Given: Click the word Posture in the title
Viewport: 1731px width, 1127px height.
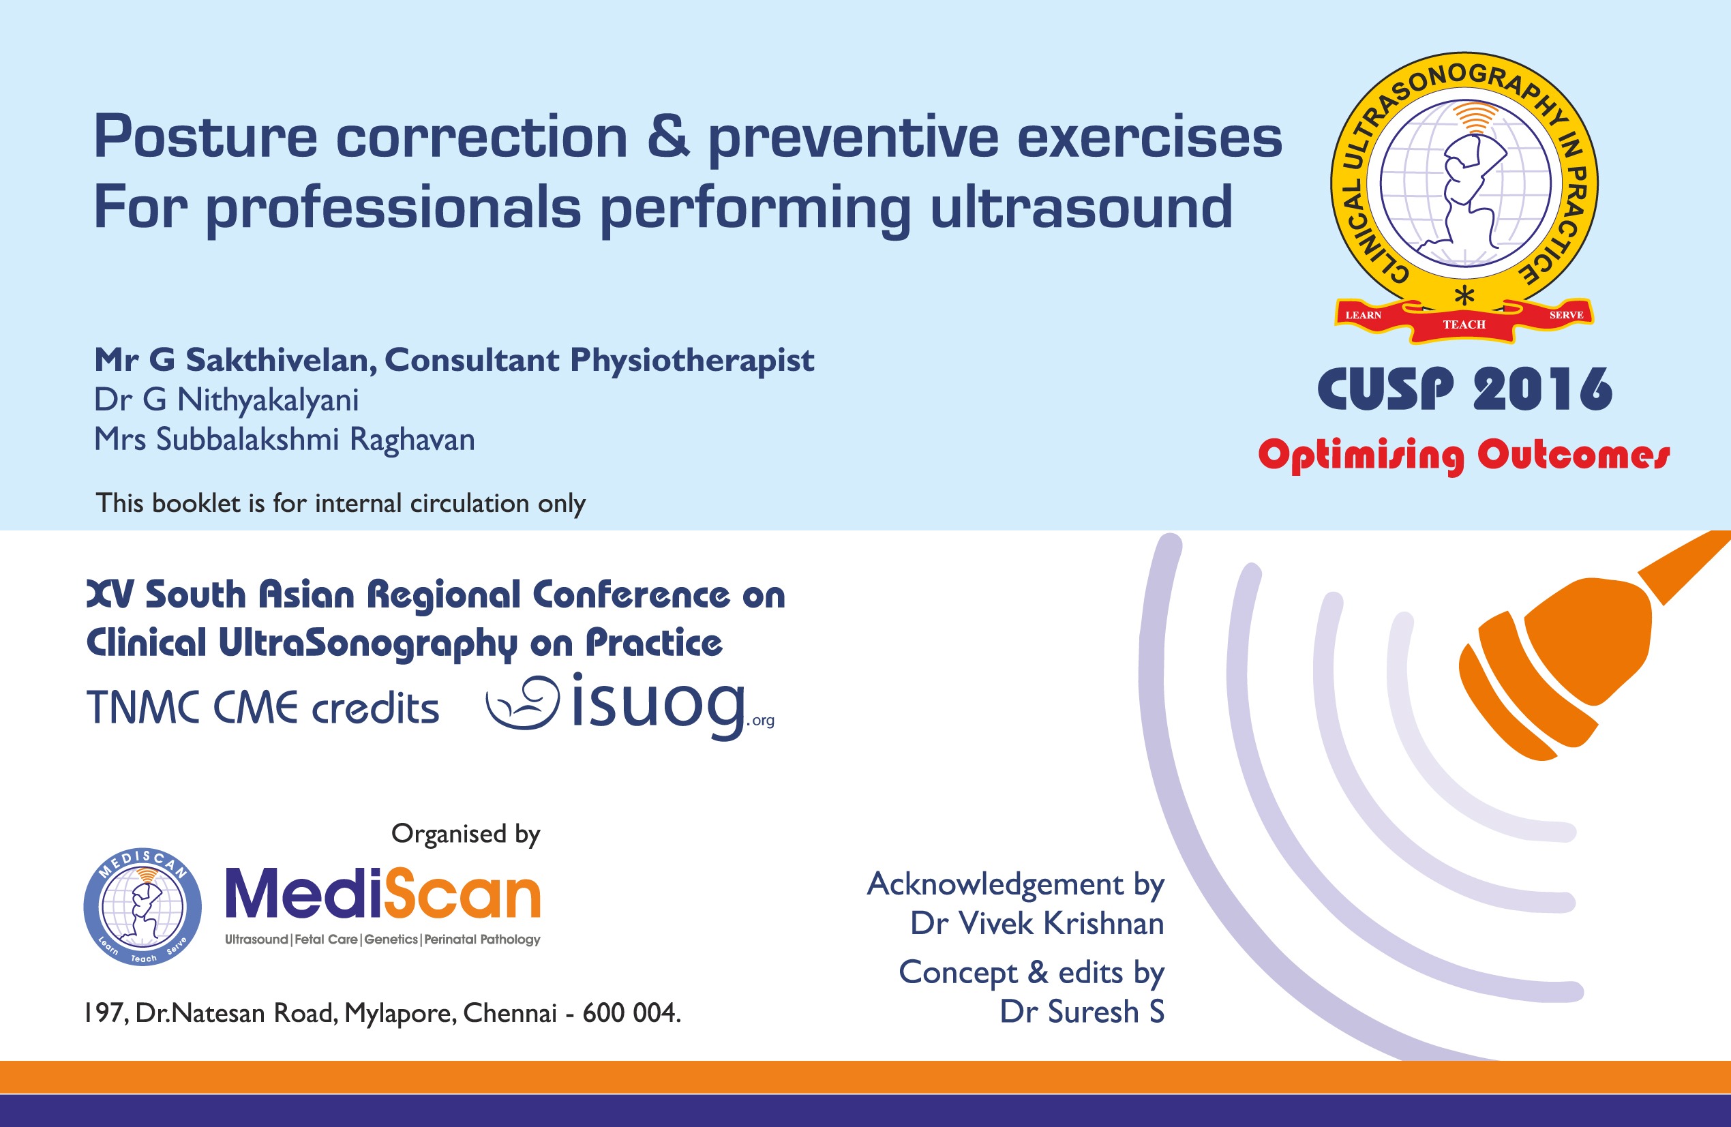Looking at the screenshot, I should (206, 137).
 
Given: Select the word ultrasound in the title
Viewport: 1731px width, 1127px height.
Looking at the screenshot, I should (1081, 207).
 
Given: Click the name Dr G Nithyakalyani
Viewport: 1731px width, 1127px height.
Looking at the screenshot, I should (226, 400).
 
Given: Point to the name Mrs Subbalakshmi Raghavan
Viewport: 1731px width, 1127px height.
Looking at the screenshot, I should (284, 440).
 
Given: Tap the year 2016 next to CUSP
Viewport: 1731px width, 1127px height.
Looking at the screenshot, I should (1543, 389).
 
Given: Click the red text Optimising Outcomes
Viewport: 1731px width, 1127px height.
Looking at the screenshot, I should (1463, 455).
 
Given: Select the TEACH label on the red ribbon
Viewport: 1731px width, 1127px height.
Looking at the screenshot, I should (1464, 325).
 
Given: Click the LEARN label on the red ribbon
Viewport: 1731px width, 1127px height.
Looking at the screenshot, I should (1363, 315).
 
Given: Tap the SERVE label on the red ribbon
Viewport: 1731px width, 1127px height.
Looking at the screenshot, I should (1566, 315).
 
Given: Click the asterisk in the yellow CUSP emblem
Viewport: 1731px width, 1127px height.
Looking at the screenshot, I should (1464, 296).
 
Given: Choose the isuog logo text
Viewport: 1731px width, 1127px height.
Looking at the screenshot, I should (658, 703).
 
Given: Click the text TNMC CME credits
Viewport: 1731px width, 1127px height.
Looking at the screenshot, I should (262, 708).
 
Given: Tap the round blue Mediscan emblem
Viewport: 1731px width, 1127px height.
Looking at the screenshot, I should (142, 907).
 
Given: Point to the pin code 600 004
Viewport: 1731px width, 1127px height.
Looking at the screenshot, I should (630, 1012).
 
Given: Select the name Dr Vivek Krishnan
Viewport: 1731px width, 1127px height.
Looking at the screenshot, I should (1036, 923).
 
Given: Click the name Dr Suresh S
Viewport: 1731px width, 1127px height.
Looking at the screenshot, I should (1081, 1011).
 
